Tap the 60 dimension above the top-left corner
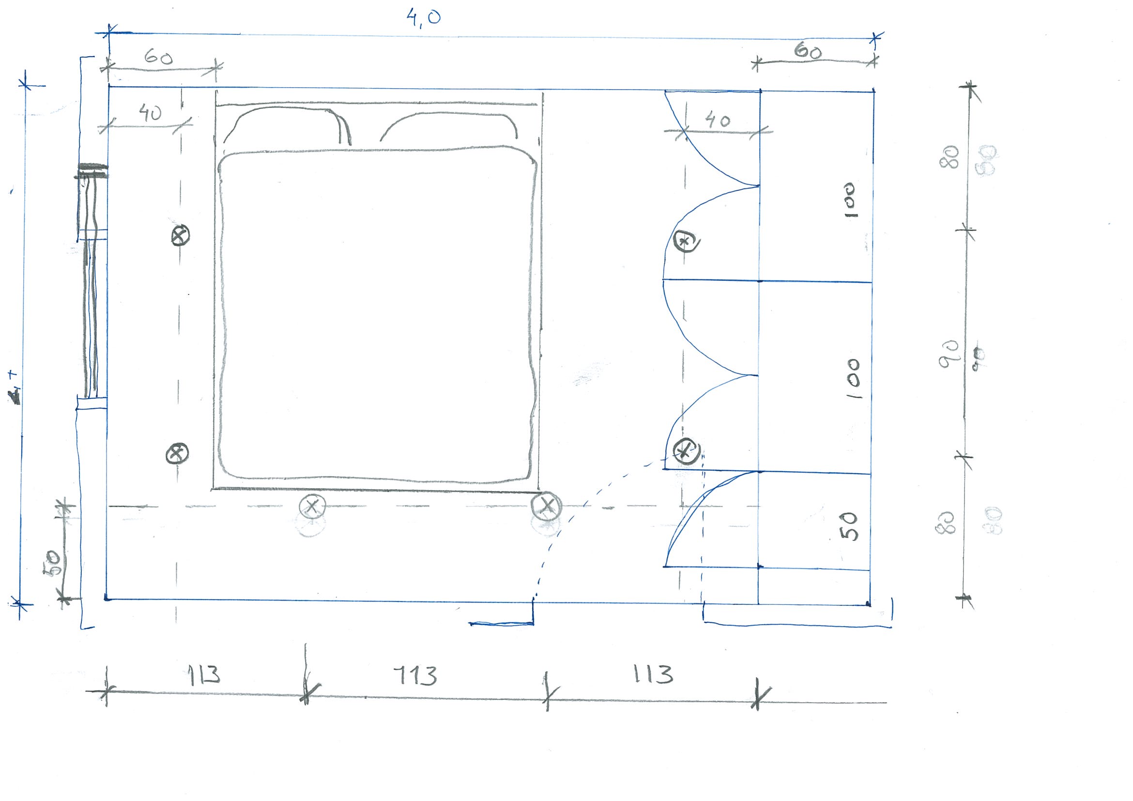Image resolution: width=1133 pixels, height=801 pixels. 158,58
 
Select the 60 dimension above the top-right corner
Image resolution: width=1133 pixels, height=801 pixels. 808,51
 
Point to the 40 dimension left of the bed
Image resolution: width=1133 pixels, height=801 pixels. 150,113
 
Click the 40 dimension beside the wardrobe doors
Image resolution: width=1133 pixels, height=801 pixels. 718,120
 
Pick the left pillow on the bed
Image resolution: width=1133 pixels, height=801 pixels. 288,126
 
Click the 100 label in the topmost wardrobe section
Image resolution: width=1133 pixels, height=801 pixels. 850,200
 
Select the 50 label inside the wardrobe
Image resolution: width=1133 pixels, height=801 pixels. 849,525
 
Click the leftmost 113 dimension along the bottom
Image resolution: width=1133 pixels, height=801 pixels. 204,675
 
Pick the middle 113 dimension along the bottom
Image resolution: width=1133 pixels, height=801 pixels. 415,676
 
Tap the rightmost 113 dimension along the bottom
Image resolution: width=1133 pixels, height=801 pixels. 653,674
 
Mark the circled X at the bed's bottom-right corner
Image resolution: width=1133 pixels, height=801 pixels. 547,506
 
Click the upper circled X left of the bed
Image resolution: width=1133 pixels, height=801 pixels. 181,235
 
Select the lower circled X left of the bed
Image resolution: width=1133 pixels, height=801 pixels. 177,453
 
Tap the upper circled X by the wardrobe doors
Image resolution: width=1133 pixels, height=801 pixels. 687,242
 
